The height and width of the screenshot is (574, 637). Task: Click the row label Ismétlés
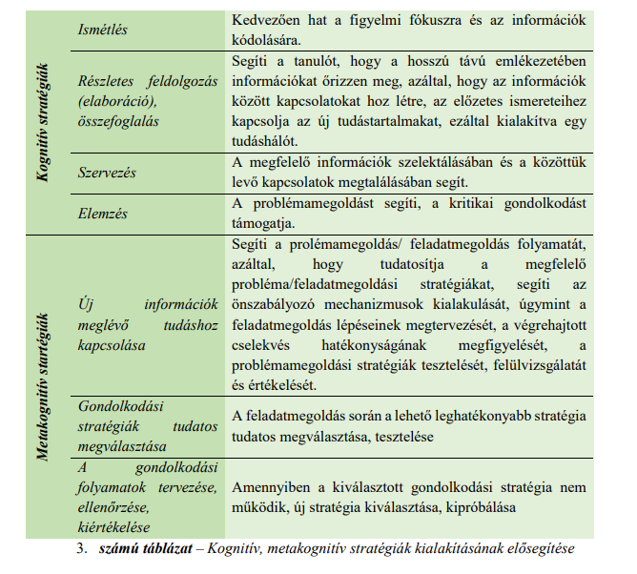point(102,31)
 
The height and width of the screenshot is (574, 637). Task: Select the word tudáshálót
point(268,141)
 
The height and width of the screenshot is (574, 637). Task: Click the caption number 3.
point(82,550)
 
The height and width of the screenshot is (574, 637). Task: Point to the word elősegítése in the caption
point(537,550)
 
